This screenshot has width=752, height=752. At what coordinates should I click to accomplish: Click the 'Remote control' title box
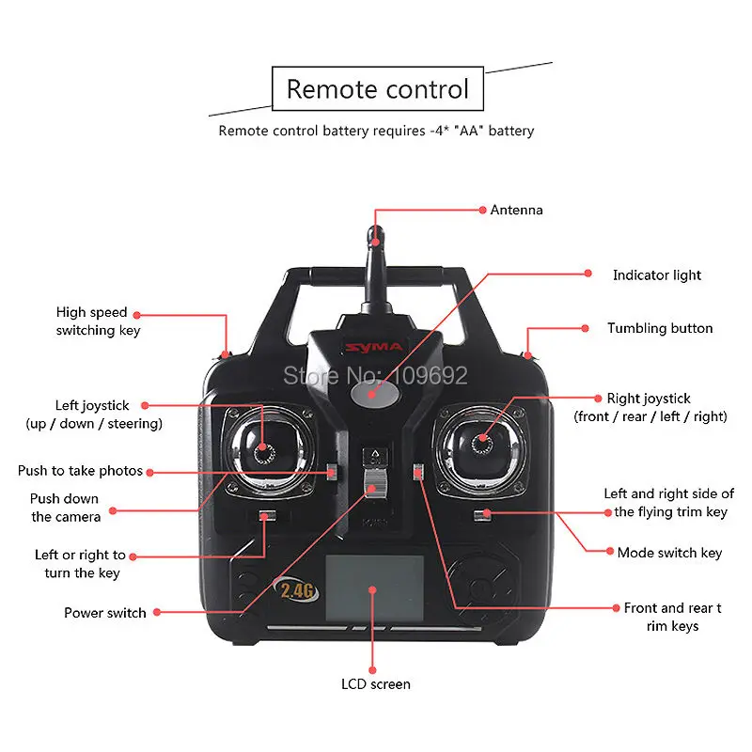click(377, 89)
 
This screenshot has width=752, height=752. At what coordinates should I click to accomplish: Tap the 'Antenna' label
click(516, 210)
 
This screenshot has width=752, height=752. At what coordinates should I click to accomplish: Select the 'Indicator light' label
click(657, 275)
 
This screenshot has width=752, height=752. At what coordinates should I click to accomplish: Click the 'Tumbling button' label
click(660, 328)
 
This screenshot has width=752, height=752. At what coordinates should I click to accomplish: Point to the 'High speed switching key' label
click(91, 321)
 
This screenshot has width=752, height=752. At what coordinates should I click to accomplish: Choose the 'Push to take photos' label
click(80, 470)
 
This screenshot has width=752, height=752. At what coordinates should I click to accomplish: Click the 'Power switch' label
click(105, 613)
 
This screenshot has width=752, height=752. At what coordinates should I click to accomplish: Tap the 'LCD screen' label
click(375, 684)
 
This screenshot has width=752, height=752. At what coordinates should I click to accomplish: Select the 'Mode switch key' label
click(669, 553)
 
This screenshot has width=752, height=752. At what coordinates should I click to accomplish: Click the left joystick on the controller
click(266, 448)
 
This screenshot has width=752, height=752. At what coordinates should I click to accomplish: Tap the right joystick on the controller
click(483, 439)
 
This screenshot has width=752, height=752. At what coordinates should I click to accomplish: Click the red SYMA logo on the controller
click(375, 348)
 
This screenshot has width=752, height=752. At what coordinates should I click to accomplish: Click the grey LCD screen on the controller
click(374, 587)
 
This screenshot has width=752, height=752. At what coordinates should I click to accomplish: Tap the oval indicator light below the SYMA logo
click(371, 395)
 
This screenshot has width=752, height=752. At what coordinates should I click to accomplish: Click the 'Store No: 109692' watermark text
click(375, 376)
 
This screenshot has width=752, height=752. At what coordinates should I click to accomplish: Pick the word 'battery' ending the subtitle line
click(510, 131)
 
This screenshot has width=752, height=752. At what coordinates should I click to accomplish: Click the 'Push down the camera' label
click(65, 508)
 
